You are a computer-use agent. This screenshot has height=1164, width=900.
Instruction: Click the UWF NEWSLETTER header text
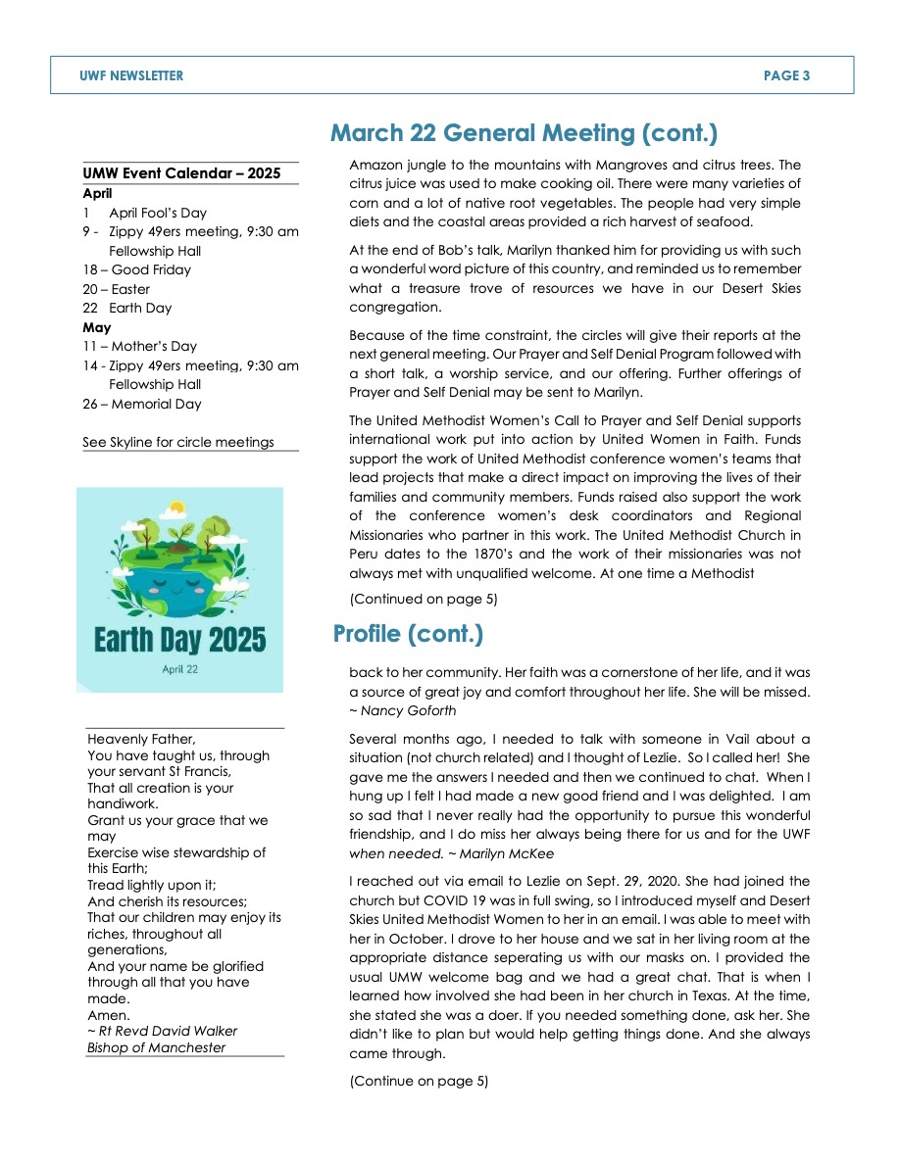coord(131,75)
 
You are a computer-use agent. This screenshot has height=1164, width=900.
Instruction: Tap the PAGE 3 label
coord(786,75)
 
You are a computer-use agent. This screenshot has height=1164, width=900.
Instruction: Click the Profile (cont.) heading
coord(408,634)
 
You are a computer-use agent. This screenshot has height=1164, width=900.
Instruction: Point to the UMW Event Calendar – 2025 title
coord(181,174)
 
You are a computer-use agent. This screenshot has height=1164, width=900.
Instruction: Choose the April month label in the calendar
coord(97,194)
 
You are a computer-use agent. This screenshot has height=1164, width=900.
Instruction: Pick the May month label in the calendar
coord(97,327)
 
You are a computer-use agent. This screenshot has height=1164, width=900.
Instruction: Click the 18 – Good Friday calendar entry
coord(137,269)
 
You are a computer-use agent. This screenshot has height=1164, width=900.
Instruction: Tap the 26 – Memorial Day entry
coord(142,404)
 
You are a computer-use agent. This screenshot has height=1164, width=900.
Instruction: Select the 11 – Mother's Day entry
coord(139,346)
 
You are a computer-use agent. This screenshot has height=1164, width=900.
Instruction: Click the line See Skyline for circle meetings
coord(178,442)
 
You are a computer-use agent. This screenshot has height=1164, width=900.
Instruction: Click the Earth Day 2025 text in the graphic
coord(179,641)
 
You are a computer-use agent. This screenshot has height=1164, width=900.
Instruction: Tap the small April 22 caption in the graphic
coord(179,669)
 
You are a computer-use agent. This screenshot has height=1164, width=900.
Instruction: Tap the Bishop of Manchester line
coord(156,1047)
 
